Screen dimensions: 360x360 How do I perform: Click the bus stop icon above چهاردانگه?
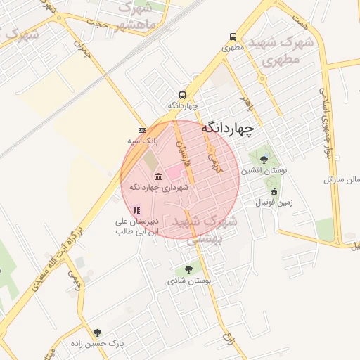(183, 95)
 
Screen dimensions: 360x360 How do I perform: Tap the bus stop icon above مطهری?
(233, 37)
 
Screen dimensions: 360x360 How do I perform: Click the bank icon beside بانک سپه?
(143, 131)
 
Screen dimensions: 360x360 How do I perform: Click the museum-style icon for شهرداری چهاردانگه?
(157, 176)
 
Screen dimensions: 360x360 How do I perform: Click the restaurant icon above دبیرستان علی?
(137, 210)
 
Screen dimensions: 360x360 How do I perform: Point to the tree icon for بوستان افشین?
(264, 160)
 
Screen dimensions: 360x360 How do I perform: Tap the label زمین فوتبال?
(271, 202)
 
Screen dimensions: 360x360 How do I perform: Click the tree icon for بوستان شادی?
(188, 269)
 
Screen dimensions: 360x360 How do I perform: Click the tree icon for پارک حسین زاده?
(98, 332)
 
